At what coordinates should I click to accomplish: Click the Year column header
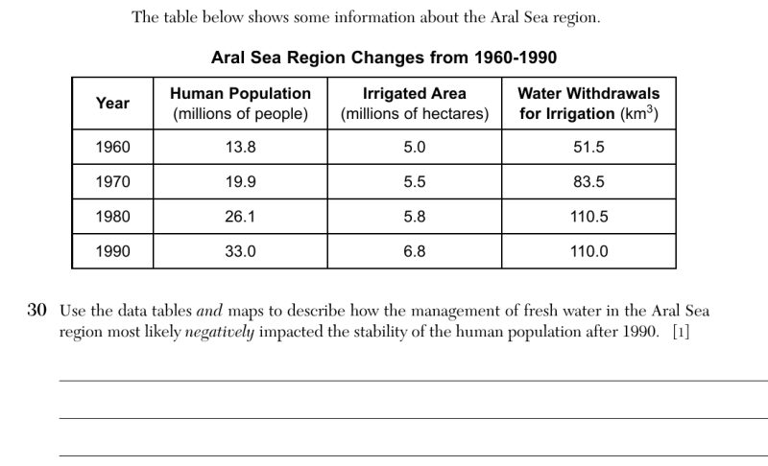[112, 104]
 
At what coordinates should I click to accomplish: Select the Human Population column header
[241, 104]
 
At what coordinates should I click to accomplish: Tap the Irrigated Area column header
[415, 104]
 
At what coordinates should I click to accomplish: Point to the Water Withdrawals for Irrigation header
[588, 104]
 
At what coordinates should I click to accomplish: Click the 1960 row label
[112, 148]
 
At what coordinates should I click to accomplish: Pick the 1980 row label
[112, 217]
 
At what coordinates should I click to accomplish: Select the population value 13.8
[241, 148]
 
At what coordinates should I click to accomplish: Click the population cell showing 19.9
[241, 182]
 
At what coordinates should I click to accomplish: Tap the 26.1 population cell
[241, 217]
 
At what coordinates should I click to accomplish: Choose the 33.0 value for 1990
[241, 251]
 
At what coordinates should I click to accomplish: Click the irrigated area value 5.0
[415, 148]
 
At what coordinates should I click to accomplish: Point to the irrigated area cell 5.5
[415, 182]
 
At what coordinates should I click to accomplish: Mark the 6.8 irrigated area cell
[415, 251]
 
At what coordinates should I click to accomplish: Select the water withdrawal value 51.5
[588, 148]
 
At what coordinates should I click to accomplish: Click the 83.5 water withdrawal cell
[588, 182]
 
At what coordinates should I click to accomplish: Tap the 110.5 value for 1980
[588, 217]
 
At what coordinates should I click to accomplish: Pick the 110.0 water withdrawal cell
[588, 251]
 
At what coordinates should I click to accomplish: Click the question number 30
[36, 310]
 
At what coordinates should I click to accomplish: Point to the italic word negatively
[220, 332]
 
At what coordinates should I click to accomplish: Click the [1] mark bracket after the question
[681, 332]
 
